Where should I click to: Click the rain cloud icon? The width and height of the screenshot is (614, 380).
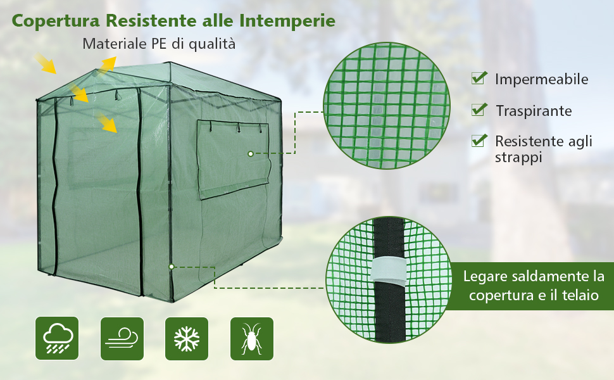pyautogui.click(x=57, y=338)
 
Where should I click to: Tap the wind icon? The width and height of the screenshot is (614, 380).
pyautogui.click(x=122, y=338)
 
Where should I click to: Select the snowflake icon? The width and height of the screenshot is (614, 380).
pyautogui.click(x=187, y=338)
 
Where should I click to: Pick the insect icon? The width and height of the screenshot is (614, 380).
pyautogui.click(x=252, y=338)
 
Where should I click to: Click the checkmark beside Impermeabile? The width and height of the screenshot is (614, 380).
pyautogui.click(x=479, y=78)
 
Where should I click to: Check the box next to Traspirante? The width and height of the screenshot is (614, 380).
pyautogui.click(x=479, y=110)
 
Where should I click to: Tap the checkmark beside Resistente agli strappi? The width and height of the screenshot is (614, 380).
pyautogui.click(x=479, y=141)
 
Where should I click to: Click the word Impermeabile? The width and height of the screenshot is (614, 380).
pyautogui.click(x=542, y=80)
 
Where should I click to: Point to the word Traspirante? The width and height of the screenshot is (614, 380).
pyautogui.click(x=534, y=111)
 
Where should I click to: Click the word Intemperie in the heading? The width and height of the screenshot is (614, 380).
pyautogui.click(x=287, y=21)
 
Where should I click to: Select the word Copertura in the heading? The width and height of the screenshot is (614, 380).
pyautogui.click(x=56, y=21)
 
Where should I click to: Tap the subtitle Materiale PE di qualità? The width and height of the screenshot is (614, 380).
pyautogui.click(x=159, y=44)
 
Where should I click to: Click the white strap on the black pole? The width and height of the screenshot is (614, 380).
pyautogui.click(x=388, y=270)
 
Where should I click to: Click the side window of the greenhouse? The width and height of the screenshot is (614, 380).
pyautogui.click(x=234, y=159)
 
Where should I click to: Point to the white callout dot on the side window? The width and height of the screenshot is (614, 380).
pyautogui.click(x=251, y=154)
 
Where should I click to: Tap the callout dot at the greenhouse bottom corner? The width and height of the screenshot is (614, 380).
pyautogui.click(x=172, y=267)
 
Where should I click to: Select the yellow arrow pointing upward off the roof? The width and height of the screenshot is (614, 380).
pyautogui.click(x=106, y=65)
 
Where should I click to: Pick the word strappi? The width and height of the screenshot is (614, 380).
pyautogui.click(x=518, y=158)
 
